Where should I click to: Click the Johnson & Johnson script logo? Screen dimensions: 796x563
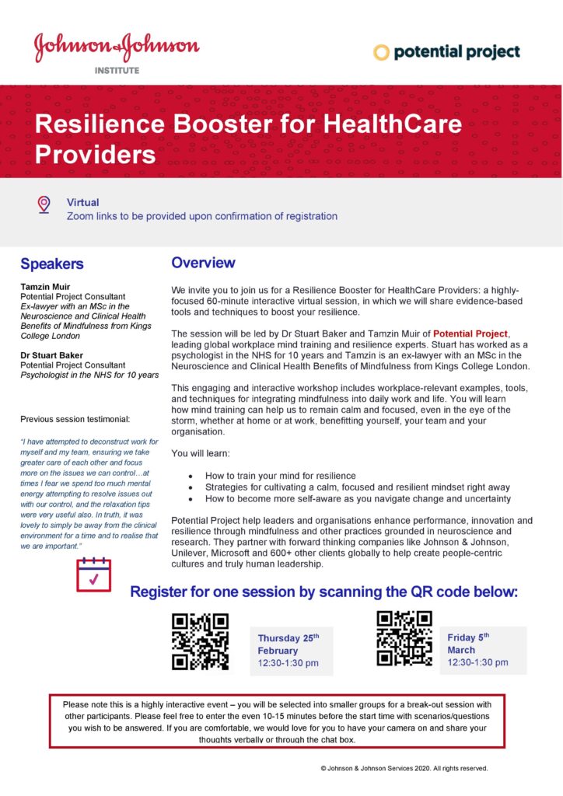click(x=117, y=47)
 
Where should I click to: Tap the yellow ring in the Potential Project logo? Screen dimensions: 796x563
click(x=381, y=53)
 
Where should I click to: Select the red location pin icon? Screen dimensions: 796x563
click(x=44, y=204)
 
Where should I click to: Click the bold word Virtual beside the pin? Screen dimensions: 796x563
click(x=82, y=202)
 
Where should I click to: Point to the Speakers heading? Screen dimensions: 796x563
click(x=52, y=264)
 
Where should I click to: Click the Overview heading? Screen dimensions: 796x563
click(x=203, y=263)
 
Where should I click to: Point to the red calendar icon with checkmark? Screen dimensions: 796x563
click(x=93, y=574)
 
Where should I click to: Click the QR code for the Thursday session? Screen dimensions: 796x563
click(x=201, y=642)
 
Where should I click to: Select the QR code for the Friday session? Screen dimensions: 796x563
click(x=404, y=638)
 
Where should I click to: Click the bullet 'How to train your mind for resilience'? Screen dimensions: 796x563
click(x=280, y=475)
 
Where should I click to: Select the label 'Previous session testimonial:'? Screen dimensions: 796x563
click(x=75, y=419)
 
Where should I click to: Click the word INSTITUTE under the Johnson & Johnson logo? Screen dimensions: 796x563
click(x=117, y=70)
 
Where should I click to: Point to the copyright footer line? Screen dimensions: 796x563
click(x=404, y=768)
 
